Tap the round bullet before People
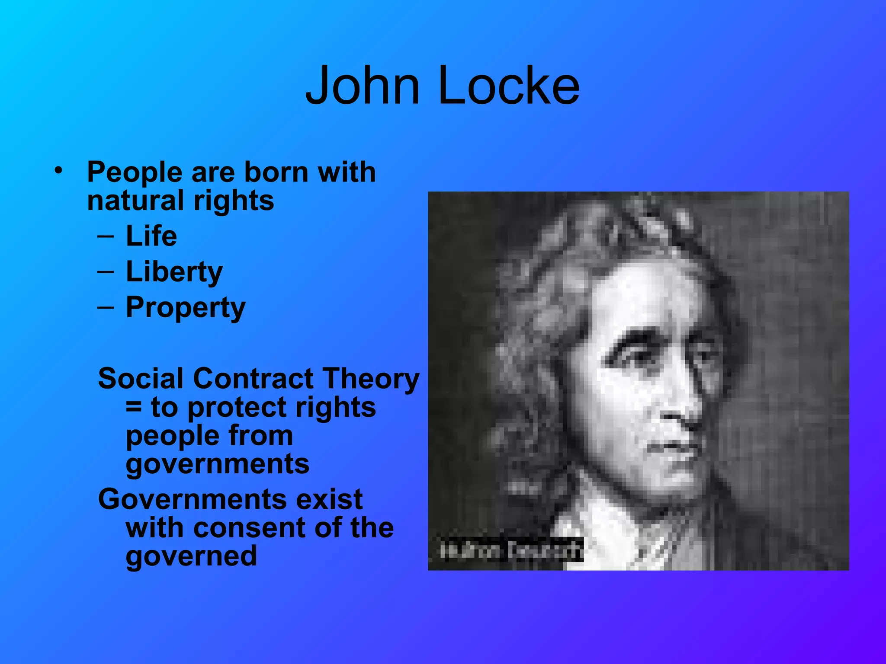59,170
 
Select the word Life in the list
151,236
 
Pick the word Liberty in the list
174,272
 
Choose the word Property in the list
186,308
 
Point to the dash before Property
106,307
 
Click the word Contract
253,379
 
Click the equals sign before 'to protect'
134,408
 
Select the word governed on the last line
191,556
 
